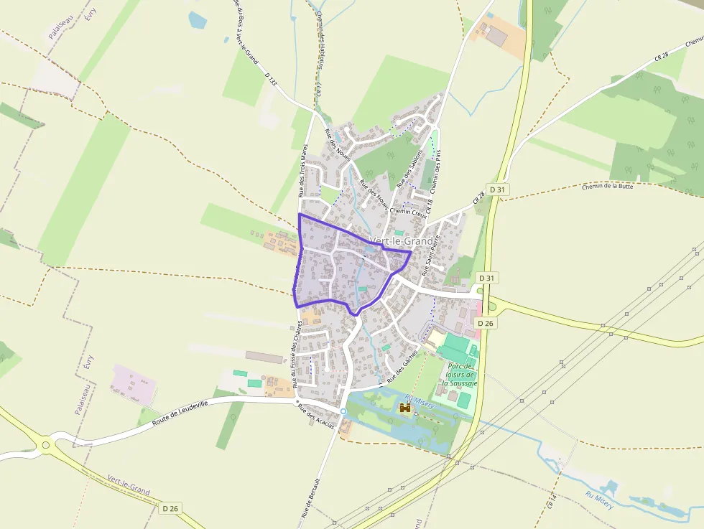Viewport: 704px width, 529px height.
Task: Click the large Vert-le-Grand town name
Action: (x=402, y=241)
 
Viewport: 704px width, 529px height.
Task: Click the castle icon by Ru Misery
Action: (x=405, y=408)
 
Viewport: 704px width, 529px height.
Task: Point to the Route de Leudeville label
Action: (x=180, y=415)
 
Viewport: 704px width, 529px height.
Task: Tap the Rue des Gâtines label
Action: (x=402, y=370)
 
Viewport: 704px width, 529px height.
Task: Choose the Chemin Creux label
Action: (x=408, y=211)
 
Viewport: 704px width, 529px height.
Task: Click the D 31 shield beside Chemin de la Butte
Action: (x=496, y=189)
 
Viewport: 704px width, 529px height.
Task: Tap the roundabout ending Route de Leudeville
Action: (x=46, y=445)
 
